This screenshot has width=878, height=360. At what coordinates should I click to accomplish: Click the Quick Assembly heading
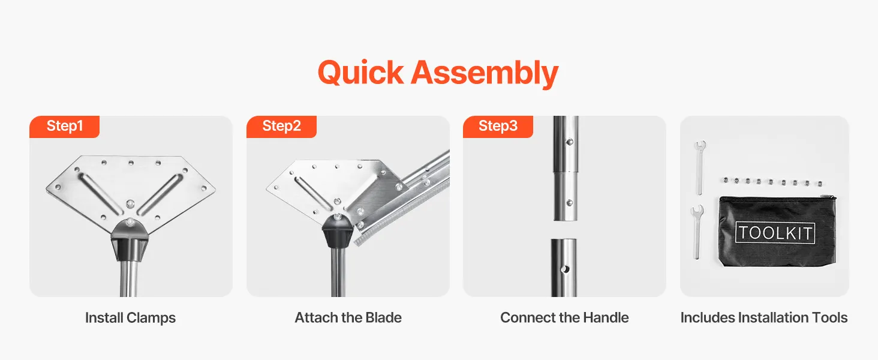[x=438, y=73]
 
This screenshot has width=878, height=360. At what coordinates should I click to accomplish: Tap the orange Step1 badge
[x=64, y=126]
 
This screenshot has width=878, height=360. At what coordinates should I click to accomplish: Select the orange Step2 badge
[x=281, y=126]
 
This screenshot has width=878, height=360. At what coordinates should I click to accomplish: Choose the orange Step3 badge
[x=498, y=126]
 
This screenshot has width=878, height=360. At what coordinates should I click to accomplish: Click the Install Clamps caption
[x=131, y=317]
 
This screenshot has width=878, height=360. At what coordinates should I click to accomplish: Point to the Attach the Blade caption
[x=348, y=317]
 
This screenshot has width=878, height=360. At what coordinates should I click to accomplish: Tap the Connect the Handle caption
[x=564, y=317]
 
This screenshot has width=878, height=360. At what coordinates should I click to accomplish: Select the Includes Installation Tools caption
[x=764, y=317]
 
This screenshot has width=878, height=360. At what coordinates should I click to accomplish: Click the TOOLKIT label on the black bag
[x=775, y=233]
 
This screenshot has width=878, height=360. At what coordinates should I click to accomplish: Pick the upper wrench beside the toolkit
[x=700, y=168]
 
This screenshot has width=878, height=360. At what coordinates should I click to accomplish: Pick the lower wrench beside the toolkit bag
[x=696, y=232]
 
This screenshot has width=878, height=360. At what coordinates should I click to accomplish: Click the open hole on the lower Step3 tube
[x=565, y=269]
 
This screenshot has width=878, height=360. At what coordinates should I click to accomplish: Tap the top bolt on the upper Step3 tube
[x=570, y=142]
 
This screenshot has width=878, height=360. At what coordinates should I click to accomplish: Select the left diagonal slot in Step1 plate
[x=100, y=194]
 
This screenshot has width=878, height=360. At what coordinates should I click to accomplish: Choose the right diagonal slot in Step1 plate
[x=160, y=194]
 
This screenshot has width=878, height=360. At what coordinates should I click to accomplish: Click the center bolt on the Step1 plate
[x=130, y=204]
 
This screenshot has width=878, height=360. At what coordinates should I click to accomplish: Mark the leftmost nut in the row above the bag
[x=726, y=180]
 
